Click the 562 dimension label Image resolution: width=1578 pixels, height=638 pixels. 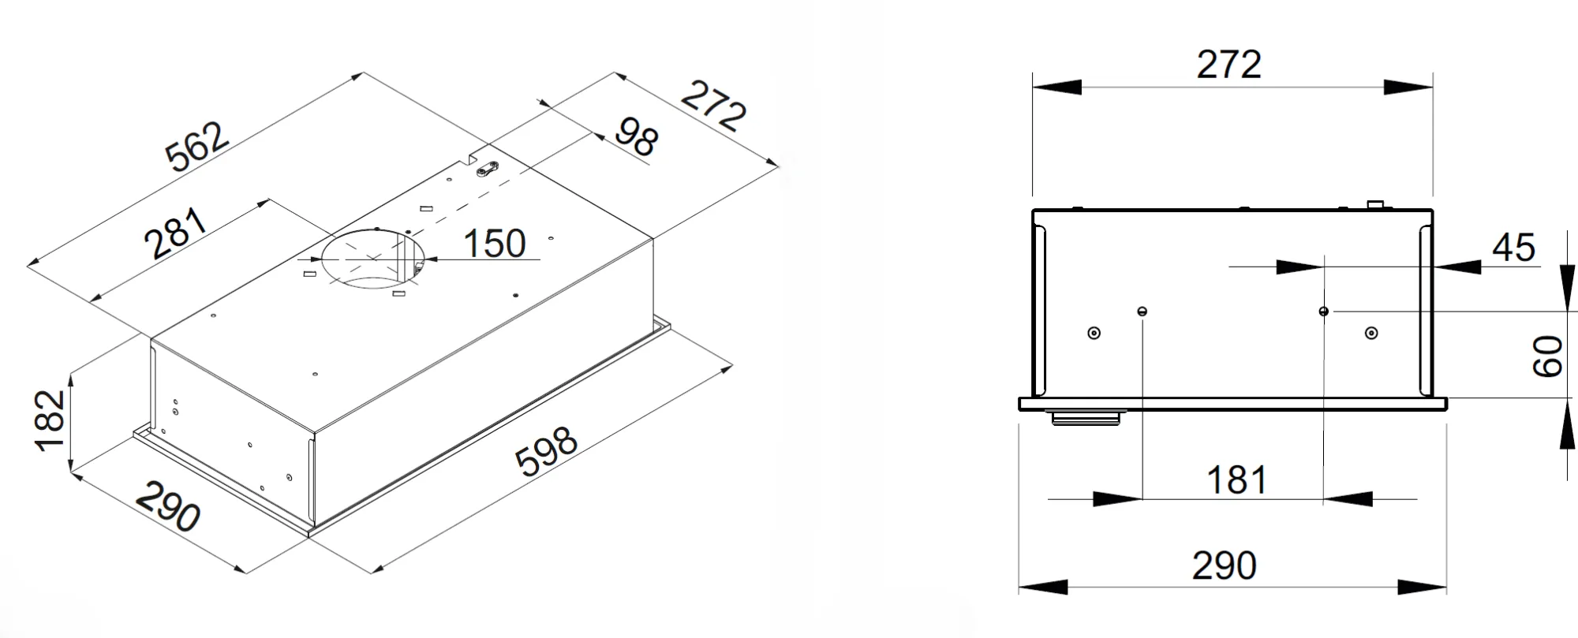(198, 147)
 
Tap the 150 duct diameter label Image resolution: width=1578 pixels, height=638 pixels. (495, 244)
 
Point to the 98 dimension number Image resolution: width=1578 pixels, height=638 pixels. (635, 137)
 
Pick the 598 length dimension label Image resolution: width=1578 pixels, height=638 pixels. (546, 452)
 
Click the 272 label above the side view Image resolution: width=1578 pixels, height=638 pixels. (1228, 65)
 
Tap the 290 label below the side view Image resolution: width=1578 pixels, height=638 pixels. (1224, 565)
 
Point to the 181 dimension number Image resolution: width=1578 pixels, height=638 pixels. (1236, 480)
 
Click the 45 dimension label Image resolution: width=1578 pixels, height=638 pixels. (1513, 248)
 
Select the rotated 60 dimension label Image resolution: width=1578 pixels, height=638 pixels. (1547, 356)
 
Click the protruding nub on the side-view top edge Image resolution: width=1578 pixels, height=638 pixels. (1375, 205)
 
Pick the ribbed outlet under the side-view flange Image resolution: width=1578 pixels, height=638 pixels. (1086, 417)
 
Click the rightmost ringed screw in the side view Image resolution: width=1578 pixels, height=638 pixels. (1371, 333)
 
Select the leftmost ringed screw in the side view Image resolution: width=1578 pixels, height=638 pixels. (1094, 333)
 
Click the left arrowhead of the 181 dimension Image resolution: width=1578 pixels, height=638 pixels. (1117, 498)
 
